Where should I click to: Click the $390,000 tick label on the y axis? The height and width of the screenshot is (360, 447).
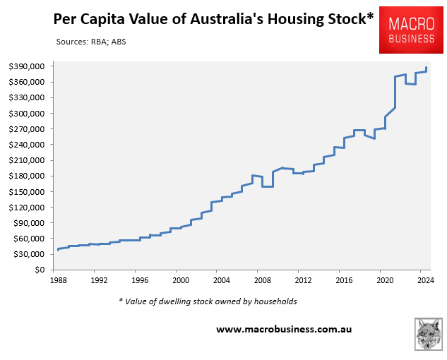(x=28, y=66)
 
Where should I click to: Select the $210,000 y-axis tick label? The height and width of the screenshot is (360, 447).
(x=28, y=160)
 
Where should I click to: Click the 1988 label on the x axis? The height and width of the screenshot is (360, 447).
(x=60, y=280)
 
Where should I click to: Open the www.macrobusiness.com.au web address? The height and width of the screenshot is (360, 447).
(x=284, y=329)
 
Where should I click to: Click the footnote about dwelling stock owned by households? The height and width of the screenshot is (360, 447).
(x=208, y=301)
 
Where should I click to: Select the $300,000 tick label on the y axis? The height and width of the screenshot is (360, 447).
(x=28, y=114)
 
